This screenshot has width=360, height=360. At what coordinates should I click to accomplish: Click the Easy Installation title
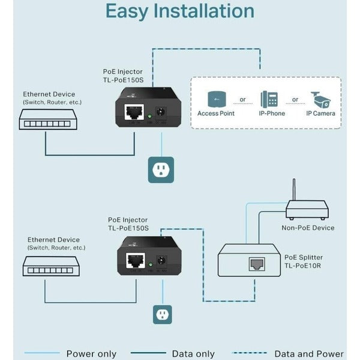tap(179, 11)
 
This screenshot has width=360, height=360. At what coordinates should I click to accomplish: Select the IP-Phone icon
tap(268, 100)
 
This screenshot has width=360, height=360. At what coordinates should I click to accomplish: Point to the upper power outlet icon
tap(161, 170)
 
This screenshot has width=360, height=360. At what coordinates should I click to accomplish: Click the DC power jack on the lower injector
tap(161, 261)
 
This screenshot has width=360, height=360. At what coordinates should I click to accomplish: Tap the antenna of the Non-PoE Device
tap(294, 191)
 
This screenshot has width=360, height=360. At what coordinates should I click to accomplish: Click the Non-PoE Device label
tap(308, 228)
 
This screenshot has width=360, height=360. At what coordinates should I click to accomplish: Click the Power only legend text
tap(91, 354)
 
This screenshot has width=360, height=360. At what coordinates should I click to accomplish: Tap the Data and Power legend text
tap(309, 354)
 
